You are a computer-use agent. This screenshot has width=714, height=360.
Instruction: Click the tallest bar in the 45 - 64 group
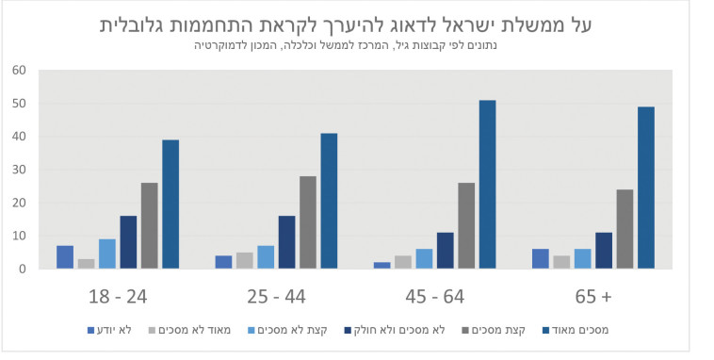pos(487,185)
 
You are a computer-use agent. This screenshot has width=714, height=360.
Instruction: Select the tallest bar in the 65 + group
pos(645,188)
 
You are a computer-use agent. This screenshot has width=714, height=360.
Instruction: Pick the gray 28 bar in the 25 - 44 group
pos(308,222)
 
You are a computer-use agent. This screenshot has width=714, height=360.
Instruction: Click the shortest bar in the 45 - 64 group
pos(381,265)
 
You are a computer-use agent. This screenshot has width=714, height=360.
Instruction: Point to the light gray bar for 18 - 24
pos(86,264)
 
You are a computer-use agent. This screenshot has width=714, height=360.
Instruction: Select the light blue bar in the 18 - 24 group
pos(106,254)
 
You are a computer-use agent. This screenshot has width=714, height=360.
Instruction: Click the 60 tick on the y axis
pos(18,70)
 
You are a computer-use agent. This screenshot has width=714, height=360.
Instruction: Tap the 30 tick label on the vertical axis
pos(18,170)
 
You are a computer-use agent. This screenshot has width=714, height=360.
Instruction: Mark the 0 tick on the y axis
pos(22,269)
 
